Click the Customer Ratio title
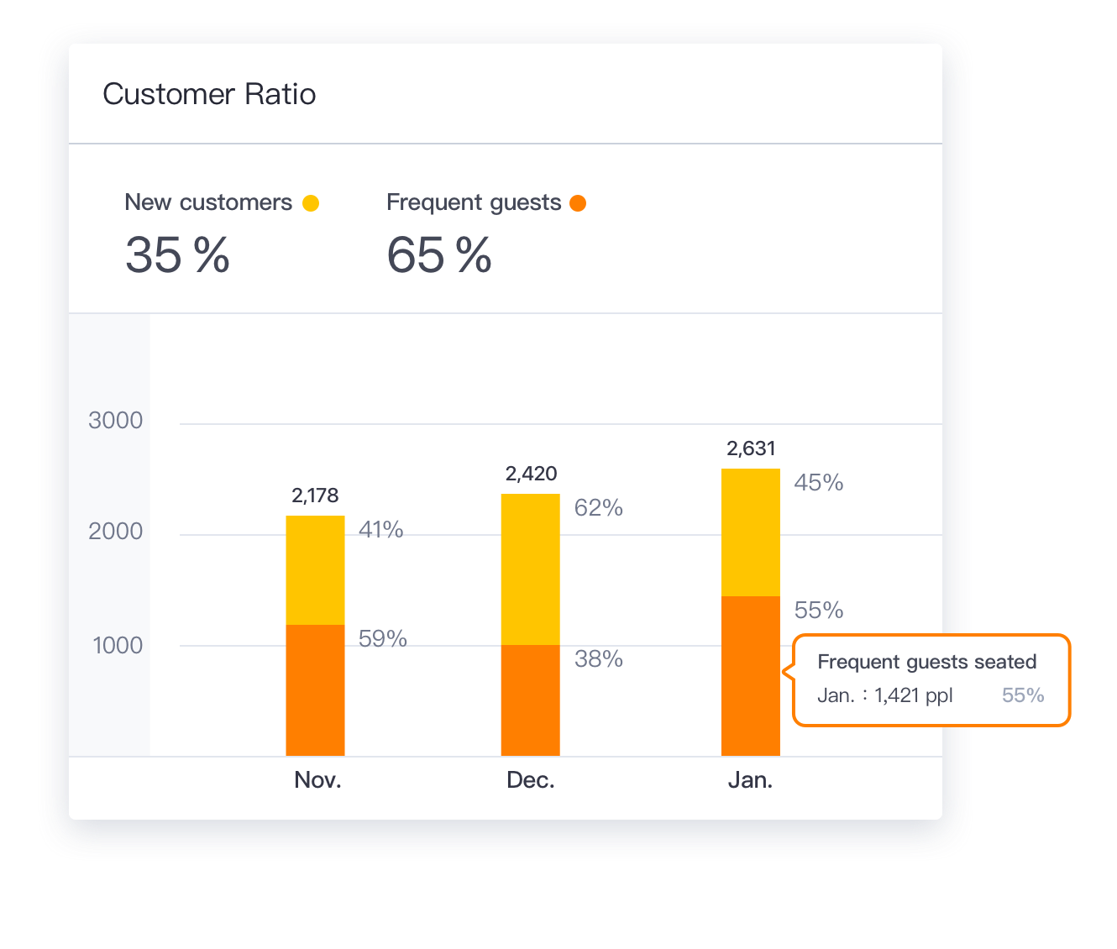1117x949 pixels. tap(209, 94)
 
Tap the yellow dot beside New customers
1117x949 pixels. tap(311, 203)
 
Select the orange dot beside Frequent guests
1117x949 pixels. tap(578, 203)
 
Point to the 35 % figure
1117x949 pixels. tap(177, 255)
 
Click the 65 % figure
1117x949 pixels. tap(439, 255)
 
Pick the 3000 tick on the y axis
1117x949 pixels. tap(116, 421)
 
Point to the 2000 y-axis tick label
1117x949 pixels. tap(116, 532)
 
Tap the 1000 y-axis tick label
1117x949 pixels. tap(118, 646)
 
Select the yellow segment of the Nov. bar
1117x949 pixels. tap(315, 570)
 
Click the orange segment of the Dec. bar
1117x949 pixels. tap(530, 700)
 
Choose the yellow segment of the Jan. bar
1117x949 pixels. tap(750, 532)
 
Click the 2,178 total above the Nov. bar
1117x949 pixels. tap(315, 495)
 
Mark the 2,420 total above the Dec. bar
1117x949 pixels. tap(531, 474)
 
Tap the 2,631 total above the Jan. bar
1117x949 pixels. tap(751, 448)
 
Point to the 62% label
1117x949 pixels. tap(599, 508)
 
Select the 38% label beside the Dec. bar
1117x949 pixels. tap(599, 659)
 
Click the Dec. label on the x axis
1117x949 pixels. tap(531, 780)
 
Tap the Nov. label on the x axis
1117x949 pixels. tap(317, 780)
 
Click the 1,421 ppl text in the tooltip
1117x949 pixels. tap(913, 695)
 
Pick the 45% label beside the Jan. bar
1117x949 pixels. tap(819, 483)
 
